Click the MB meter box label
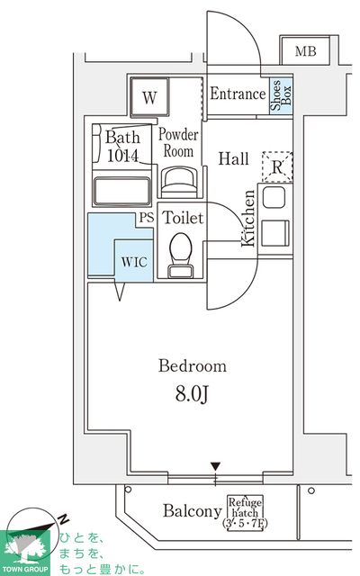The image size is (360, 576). point(306,52)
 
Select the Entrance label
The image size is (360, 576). point(237,94)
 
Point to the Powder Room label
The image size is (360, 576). point(178,144)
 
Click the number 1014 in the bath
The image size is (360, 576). point(122,154)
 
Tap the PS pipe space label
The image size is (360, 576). point(146,218)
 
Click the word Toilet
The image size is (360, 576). point(182,219)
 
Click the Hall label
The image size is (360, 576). point(234,159)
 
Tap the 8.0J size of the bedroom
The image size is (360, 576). point(193,393)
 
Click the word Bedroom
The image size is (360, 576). point(193,366)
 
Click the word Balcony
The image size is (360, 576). point(193,511)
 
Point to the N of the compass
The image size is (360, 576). point(65,520)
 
